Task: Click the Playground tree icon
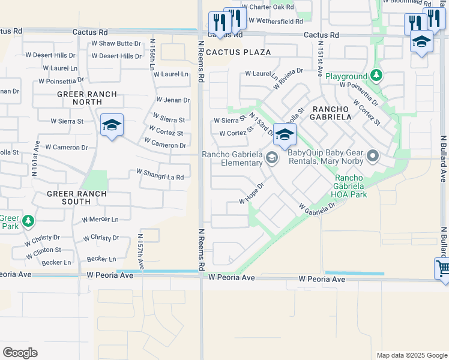[376, 76]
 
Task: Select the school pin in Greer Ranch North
[112, 125]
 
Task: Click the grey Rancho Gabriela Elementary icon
[272, 158]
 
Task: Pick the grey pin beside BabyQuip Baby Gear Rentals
[373, 157]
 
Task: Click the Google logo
[20, 353]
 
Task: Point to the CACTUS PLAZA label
[238, 52]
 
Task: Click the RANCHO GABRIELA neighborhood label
[331, 112]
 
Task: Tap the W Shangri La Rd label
[160, 174]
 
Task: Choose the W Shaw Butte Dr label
[116, 43]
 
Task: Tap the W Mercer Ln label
[100, 219]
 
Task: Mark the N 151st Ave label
[321, 58]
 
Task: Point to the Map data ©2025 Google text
[411, 355]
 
